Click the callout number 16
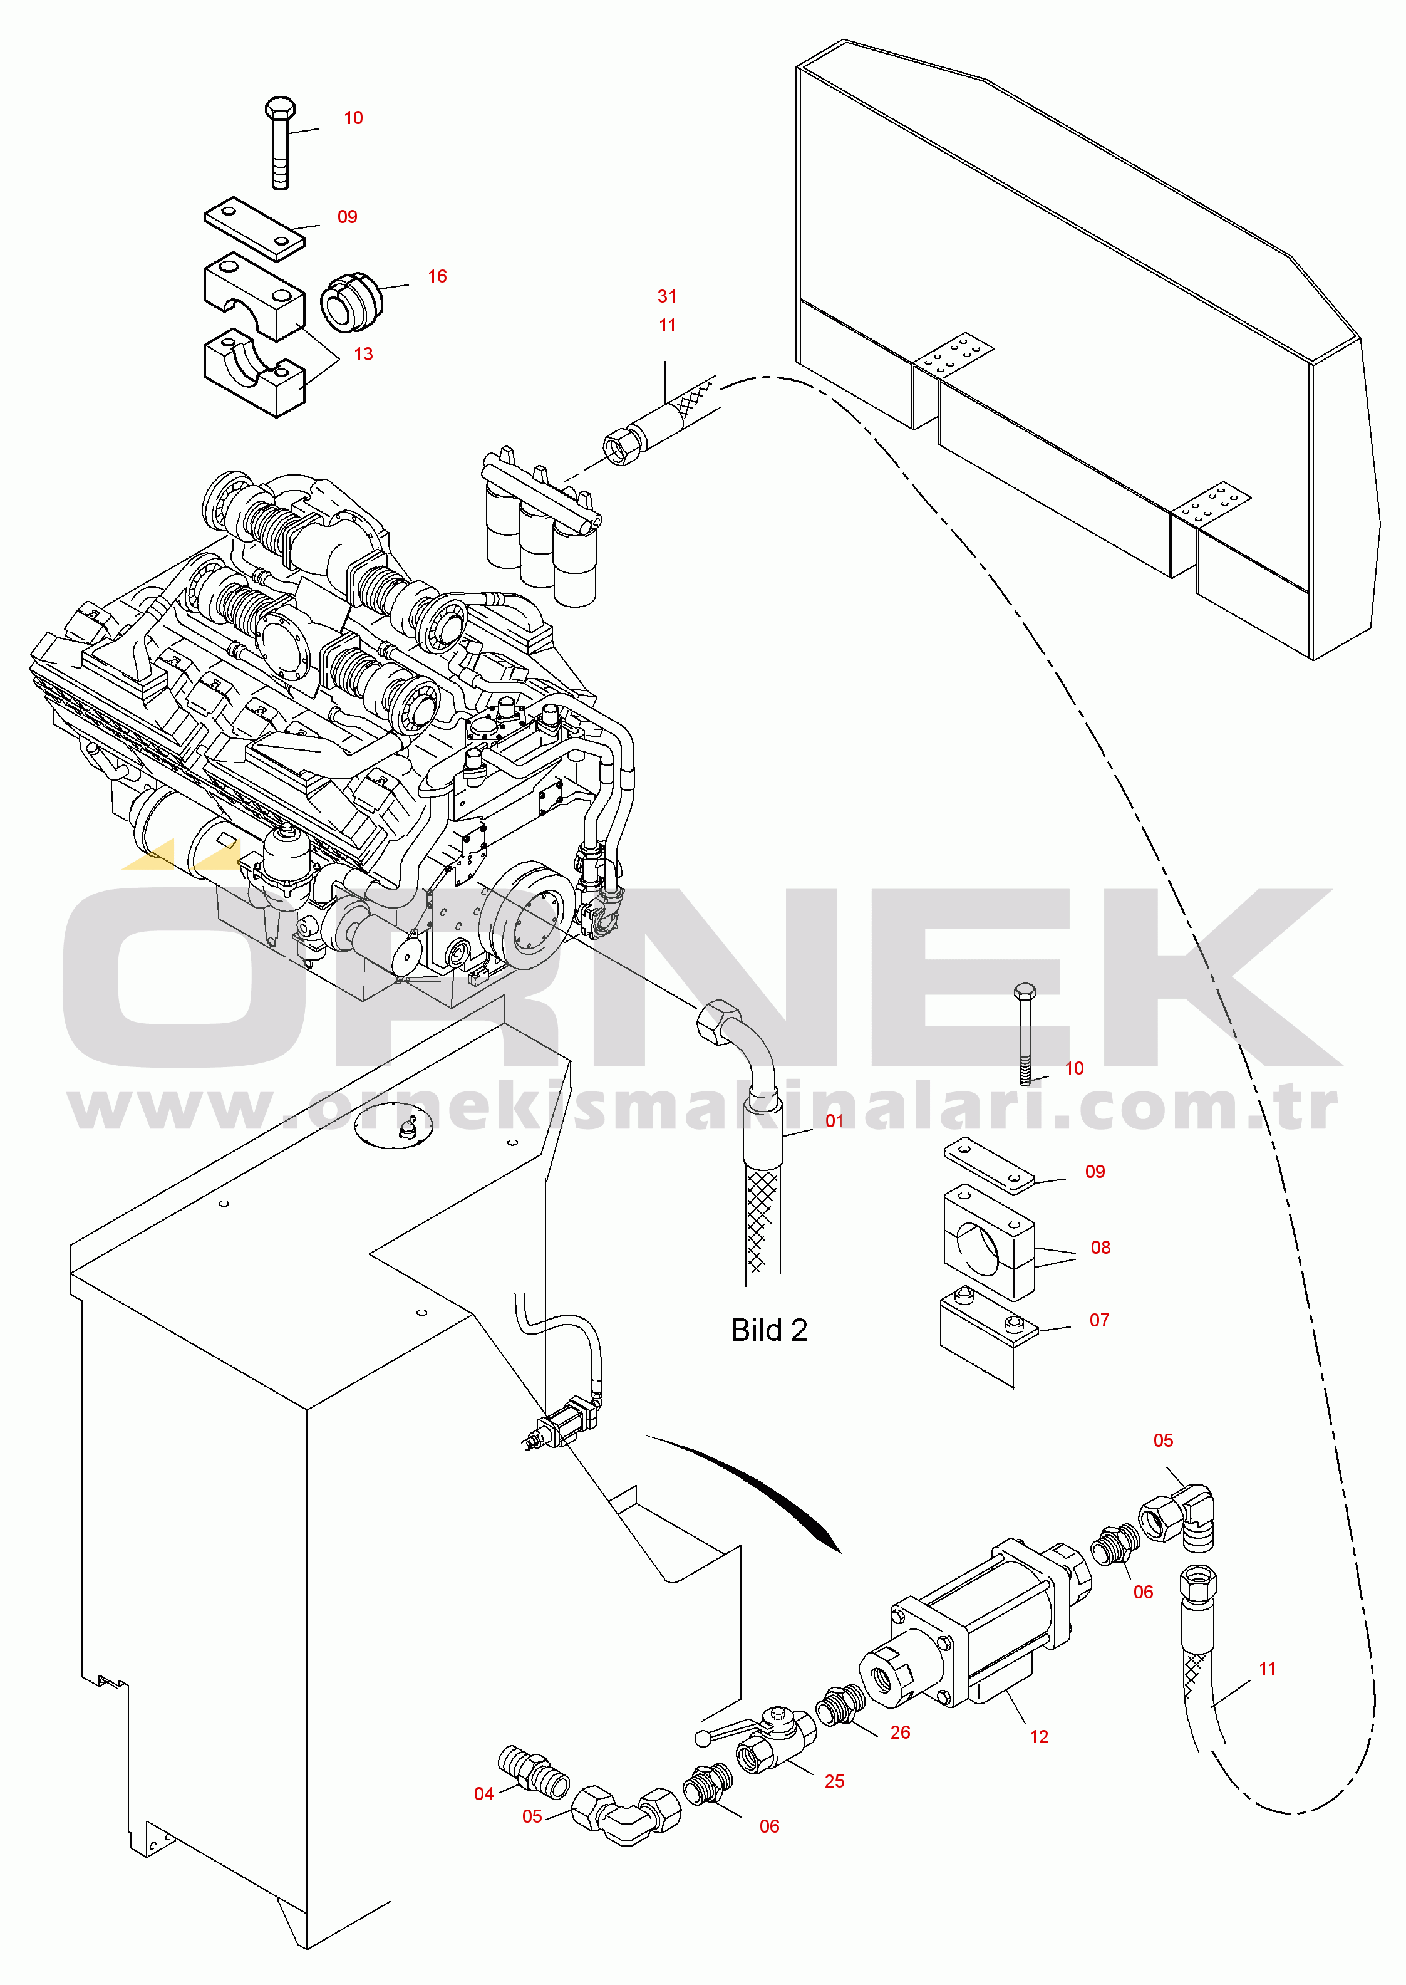(x=437, y=276)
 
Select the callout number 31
(x=666, y=296)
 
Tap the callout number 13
(x=364, y=354)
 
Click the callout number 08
(x=1100, y=1247)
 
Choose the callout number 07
(x=1100, y=1320)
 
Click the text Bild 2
(x=769, y=1330)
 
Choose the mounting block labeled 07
(x=987, y=1338)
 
